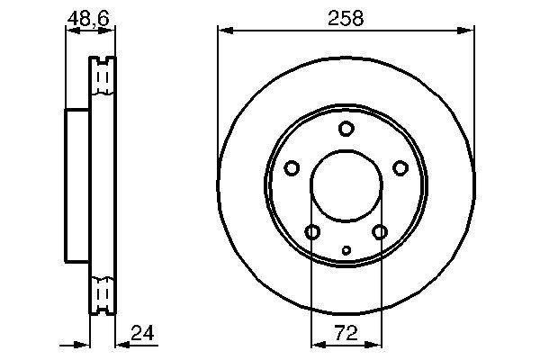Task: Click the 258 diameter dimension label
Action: coord(346,18)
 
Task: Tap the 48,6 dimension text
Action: coord(90,18)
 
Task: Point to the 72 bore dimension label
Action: coord(346,333)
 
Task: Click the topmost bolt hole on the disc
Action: coord(346,129)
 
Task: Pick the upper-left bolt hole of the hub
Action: coord(292,168)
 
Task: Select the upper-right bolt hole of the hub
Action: coord(400,168)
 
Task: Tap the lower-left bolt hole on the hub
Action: coord(312,233)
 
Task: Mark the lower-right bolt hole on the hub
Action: coord(380,233)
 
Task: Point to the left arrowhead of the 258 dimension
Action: coord(224,31)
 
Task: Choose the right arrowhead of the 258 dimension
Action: coord(468,31)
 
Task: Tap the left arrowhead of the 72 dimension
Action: coord(316,344)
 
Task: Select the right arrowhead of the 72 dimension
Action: coord(376,344)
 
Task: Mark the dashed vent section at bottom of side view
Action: coord(103,293)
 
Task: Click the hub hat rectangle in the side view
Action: coord(77,184)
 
